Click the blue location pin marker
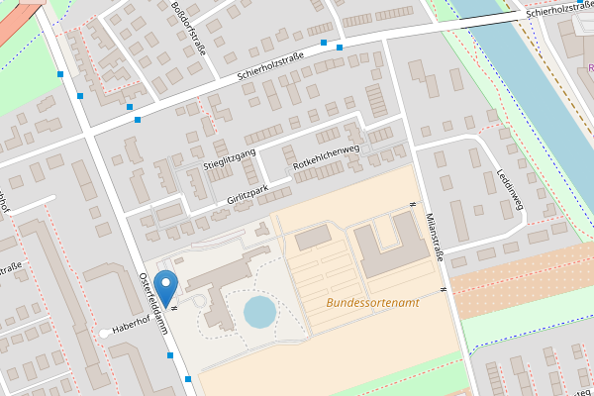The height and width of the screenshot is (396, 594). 167,285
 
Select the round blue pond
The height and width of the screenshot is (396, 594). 260,312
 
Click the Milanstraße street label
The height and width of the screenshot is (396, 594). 435,235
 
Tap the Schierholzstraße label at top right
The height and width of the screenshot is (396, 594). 559,11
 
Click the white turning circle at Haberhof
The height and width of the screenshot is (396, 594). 105,333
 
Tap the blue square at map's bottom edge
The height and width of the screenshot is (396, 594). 189,380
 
